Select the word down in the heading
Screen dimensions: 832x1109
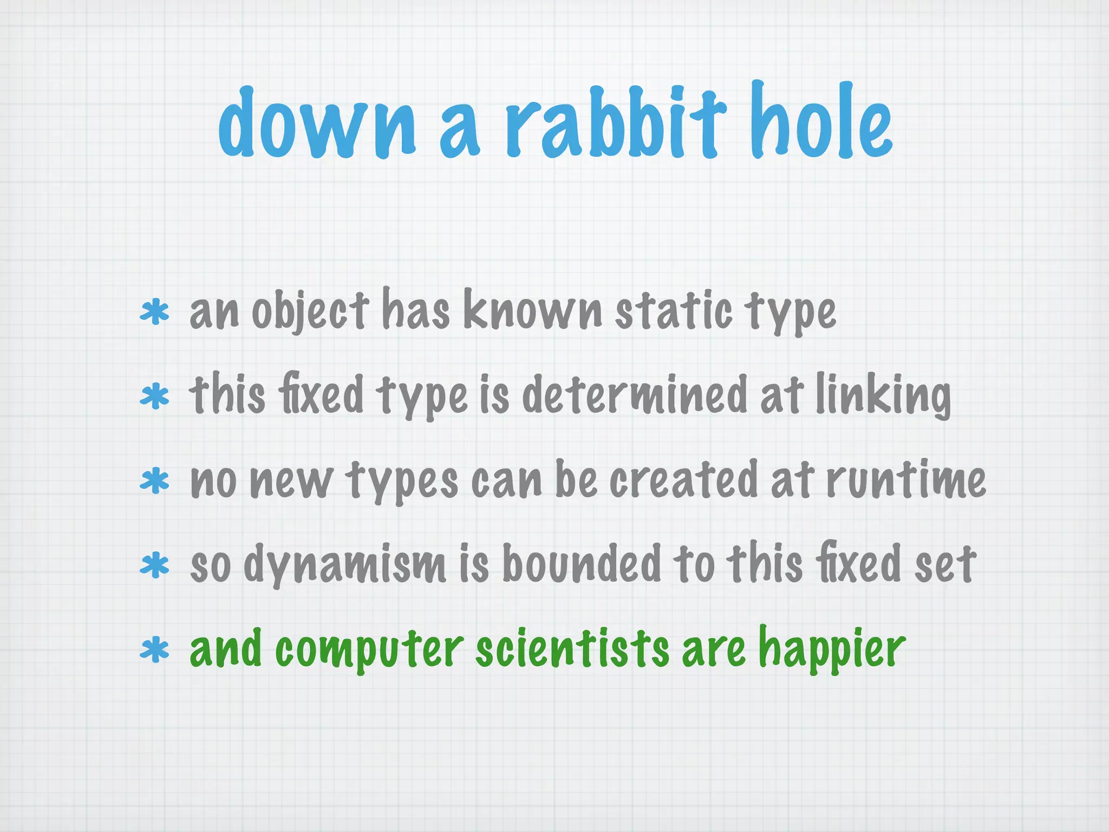pos(317,123)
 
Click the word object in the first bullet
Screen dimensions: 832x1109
pos(310,311)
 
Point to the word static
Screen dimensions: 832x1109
pos(673,311)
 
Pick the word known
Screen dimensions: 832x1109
pos(533,311)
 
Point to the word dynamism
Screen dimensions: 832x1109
pos(344,564)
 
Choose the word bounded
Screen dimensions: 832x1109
pos(582,564)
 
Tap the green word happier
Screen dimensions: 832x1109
pos(832,650)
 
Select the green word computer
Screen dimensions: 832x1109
pos(369,650)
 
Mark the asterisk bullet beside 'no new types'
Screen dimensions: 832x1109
pos(154,480)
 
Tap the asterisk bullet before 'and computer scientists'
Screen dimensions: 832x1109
pos(154,649)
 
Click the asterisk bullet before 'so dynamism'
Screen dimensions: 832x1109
pos(154,565)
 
